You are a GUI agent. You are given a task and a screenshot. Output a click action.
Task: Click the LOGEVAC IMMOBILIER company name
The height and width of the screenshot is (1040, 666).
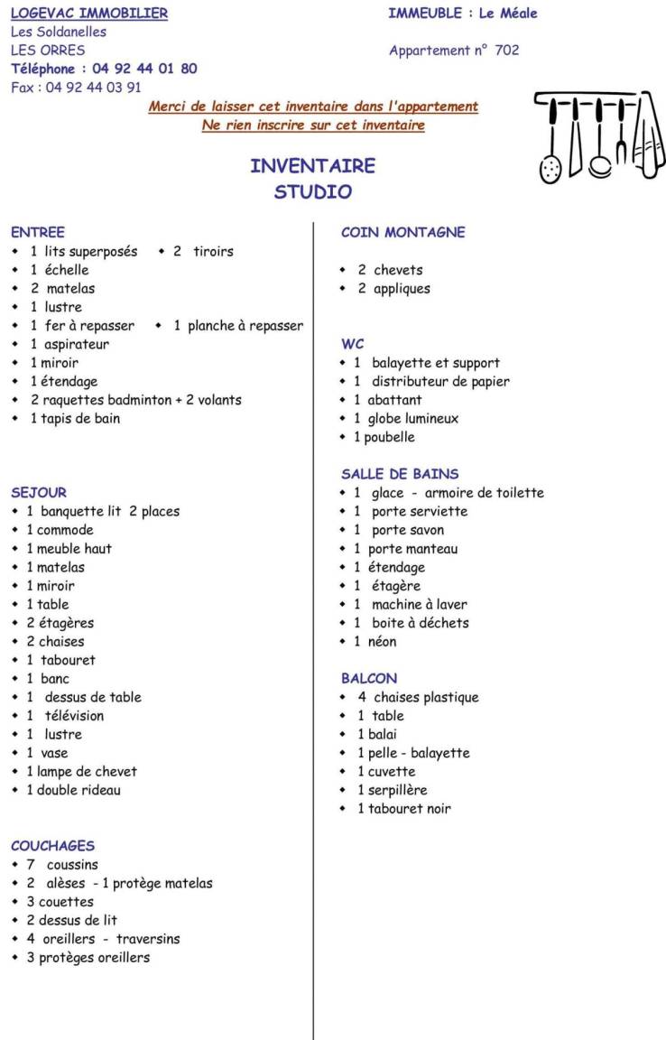click(89, 14)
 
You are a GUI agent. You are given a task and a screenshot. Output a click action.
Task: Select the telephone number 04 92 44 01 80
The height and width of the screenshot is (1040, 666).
click(144, 69)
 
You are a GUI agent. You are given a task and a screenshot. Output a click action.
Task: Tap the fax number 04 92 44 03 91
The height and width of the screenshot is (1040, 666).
click(93, 88)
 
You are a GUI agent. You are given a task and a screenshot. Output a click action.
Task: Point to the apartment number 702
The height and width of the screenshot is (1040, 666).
click(507, 51)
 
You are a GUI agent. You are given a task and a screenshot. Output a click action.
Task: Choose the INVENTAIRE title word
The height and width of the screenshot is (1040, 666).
click(312, 166)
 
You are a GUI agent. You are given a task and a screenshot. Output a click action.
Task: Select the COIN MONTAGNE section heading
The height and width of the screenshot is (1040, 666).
click(402, 232)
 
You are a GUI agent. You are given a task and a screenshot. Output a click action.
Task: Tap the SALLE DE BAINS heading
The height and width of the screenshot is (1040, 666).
click(400, 474)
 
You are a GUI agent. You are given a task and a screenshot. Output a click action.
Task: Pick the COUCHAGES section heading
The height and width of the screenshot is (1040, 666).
click(52, 846)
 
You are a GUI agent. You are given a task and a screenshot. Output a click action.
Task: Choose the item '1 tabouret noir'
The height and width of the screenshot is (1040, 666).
click(403, 809)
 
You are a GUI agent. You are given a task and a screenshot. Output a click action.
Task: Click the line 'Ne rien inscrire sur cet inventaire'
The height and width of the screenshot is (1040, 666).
click(313, 125)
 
